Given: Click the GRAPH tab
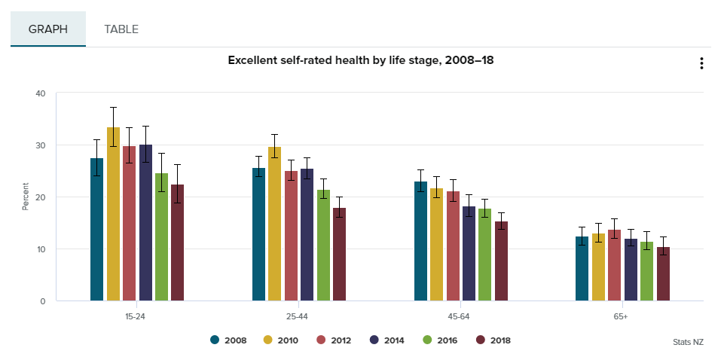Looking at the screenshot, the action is point(48,29).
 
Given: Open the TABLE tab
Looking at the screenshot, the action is point(121,29).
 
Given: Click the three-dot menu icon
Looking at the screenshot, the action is point(701,63).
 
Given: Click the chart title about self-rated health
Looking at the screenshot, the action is point(361,60).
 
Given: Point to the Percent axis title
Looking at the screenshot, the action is point(26,197).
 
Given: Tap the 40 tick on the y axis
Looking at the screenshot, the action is point(41,93).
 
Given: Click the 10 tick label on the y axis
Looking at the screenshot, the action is point(41,249).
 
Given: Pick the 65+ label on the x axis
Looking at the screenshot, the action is point(622,316).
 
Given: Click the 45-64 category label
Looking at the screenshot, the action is point(460,316).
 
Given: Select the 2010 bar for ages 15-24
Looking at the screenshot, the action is point(113,214).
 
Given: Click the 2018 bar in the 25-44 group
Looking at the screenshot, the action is point(339,255).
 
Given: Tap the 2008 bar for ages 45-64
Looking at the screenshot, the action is point(420,242).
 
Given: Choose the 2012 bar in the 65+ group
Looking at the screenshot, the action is point(614,265).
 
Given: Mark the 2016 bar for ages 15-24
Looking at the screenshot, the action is point(162,237).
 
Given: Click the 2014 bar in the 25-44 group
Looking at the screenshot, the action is point(307,235).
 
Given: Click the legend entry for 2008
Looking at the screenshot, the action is point(228,340).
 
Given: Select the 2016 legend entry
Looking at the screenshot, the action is point(440,340).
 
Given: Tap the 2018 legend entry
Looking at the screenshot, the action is point(493,340).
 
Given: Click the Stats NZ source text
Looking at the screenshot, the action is point(688,342).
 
